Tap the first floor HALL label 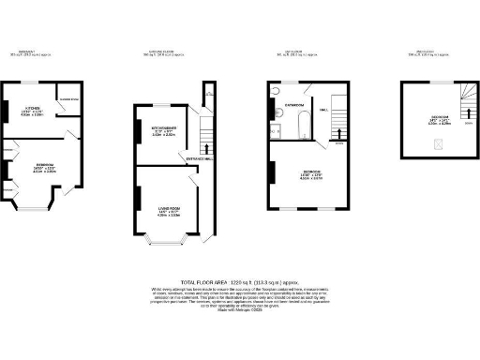pyautogui.click(x=324, y=111)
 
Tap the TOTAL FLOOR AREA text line pyautogui.click(x=240, y=281)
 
